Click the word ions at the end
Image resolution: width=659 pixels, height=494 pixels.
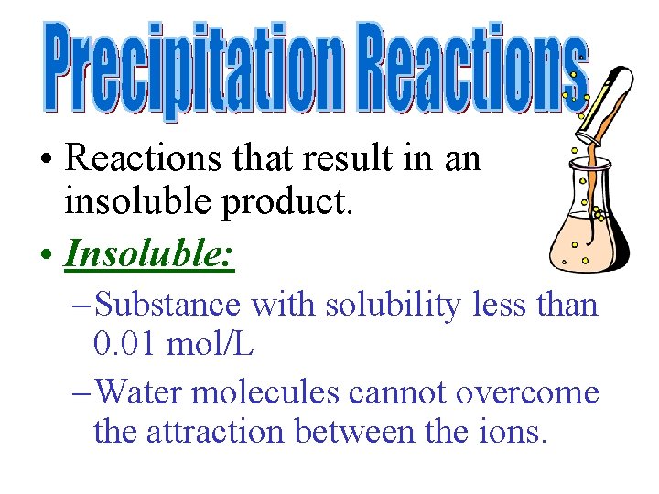click(516, 433)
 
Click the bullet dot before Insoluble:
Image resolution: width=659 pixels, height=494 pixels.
click(46, 255)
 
